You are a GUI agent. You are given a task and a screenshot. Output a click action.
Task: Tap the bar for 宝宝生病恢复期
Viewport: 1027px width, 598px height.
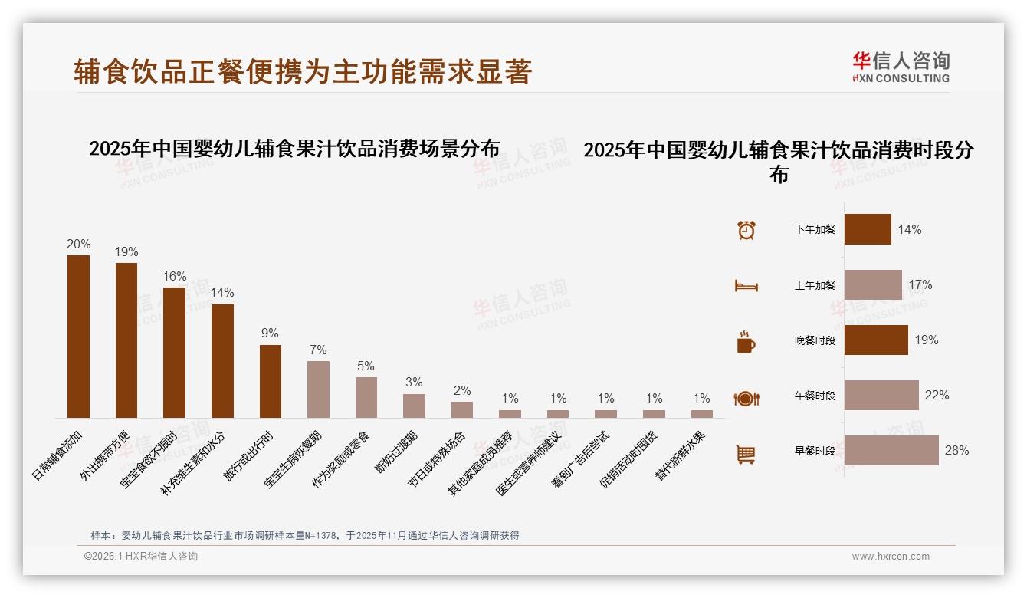318,389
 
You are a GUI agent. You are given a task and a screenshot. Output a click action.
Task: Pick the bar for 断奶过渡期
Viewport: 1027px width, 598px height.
414,406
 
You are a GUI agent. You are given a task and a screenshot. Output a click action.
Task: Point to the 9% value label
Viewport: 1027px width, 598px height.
270,333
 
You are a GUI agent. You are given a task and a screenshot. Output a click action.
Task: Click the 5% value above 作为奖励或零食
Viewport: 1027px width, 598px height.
366,366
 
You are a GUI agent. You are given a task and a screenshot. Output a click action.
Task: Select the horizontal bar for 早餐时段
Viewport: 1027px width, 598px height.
891,450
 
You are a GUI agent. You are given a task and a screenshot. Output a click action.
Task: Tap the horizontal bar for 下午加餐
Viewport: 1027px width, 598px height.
868,229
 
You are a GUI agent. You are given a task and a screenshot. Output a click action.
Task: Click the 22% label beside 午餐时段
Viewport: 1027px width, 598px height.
937,396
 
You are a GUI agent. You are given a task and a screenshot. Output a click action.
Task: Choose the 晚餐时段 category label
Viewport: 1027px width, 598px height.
815,340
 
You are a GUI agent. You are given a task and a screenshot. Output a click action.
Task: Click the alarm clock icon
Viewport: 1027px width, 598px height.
746,230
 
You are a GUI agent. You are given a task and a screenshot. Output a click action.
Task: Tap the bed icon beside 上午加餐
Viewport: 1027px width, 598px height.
746,286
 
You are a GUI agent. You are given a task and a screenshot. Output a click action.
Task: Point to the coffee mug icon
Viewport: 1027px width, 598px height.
746,342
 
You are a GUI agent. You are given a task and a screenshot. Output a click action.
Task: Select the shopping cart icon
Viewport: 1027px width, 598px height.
746,454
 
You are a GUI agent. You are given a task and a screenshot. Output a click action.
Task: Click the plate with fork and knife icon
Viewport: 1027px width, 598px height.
746,399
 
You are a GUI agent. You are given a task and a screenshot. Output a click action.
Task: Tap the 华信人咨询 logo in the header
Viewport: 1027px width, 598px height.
901,67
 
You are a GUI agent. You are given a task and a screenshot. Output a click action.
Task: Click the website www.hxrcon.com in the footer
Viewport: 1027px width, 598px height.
891,557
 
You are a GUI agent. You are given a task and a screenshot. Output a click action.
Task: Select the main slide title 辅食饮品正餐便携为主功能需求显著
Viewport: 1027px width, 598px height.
303,72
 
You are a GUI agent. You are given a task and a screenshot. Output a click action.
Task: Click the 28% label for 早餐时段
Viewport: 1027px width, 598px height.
956,451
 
